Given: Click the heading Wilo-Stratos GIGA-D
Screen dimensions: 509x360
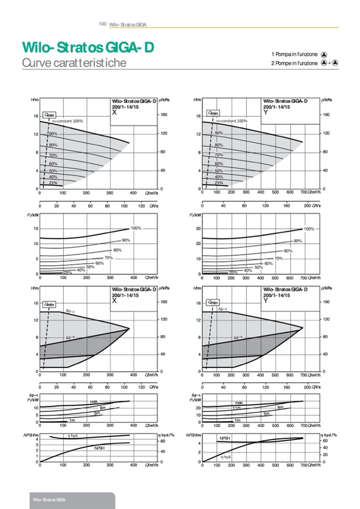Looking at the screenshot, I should click(88, 48).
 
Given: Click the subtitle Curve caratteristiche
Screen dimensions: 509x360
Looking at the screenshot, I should click(74, 63).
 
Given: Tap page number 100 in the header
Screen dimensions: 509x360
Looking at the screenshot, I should click(103, 24).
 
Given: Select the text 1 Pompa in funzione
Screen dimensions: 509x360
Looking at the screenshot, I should click(294, 54).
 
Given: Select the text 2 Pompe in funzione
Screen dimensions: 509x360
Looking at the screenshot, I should click(294, 63).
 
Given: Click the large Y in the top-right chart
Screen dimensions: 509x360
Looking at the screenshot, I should click(265, 113).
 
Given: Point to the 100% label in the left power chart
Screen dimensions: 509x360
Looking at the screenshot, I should click(136, 228).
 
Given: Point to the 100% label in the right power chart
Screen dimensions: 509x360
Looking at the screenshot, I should click(309, 229).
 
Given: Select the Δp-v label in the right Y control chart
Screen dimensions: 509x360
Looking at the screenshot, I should click(238, 337).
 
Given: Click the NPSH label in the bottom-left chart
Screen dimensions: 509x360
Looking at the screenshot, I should click(99, 448).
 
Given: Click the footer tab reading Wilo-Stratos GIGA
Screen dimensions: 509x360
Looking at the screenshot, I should click(50, 501).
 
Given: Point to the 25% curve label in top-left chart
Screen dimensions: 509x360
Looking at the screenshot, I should click(53, 183).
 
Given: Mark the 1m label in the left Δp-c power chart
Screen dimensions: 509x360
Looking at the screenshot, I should click(72, 420).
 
